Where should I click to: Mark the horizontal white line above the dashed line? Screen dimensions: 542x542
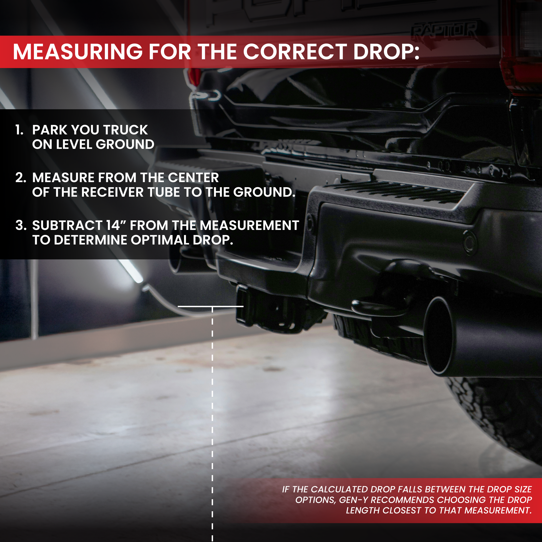[210, 306]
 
